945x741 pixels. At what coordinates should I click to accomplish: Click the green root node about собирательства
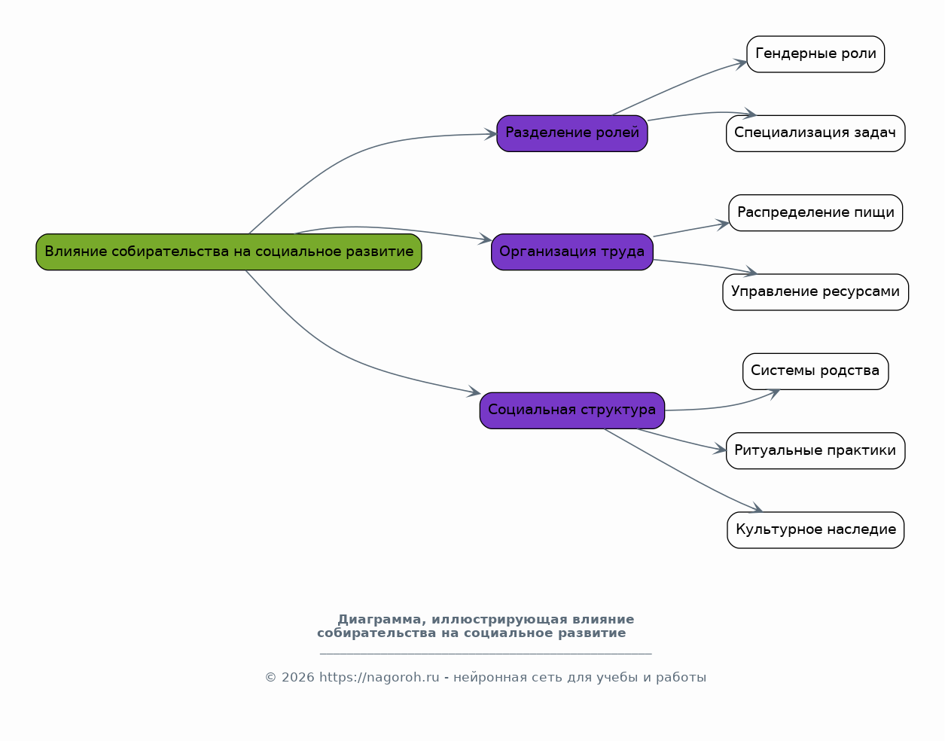(x=229, y=252)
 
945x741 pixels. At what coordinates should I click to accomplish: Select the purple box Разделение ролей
(x=572, y=133)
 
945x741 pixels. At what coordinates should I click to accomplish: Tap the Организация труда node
(x=572, y=252)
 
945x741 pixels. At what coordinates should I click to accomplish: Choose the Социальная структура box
(x=572, y=410)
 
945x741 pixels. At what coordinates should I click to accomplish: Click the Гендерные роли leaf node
(x=815, y=54)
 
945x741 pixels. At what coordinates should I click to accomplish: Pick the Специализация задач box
(x=815, y=133)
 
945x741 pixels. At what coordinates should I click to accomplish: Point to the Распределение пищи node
(x=815, y=212)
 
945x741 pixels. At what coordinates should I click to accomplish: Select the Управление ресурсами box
(x=815, y=291)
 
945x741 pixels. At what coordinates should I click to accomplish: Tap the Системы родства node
(x=815, y=371)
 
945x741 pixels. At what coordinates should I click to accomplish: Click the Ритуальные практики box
(x=815, y=450)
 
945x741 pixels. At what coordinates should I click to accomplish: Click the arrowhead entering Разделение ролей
(x=491, y=134)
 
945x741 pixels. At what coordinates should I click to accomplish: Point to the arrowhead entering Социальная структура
(x=474, y=392)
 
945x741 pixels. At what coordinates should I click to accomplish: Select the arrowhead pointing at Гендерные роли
(x=741, y=64)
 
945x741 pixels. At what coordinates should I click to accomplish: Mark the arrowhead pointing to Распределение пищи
(x=723, y=224)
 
